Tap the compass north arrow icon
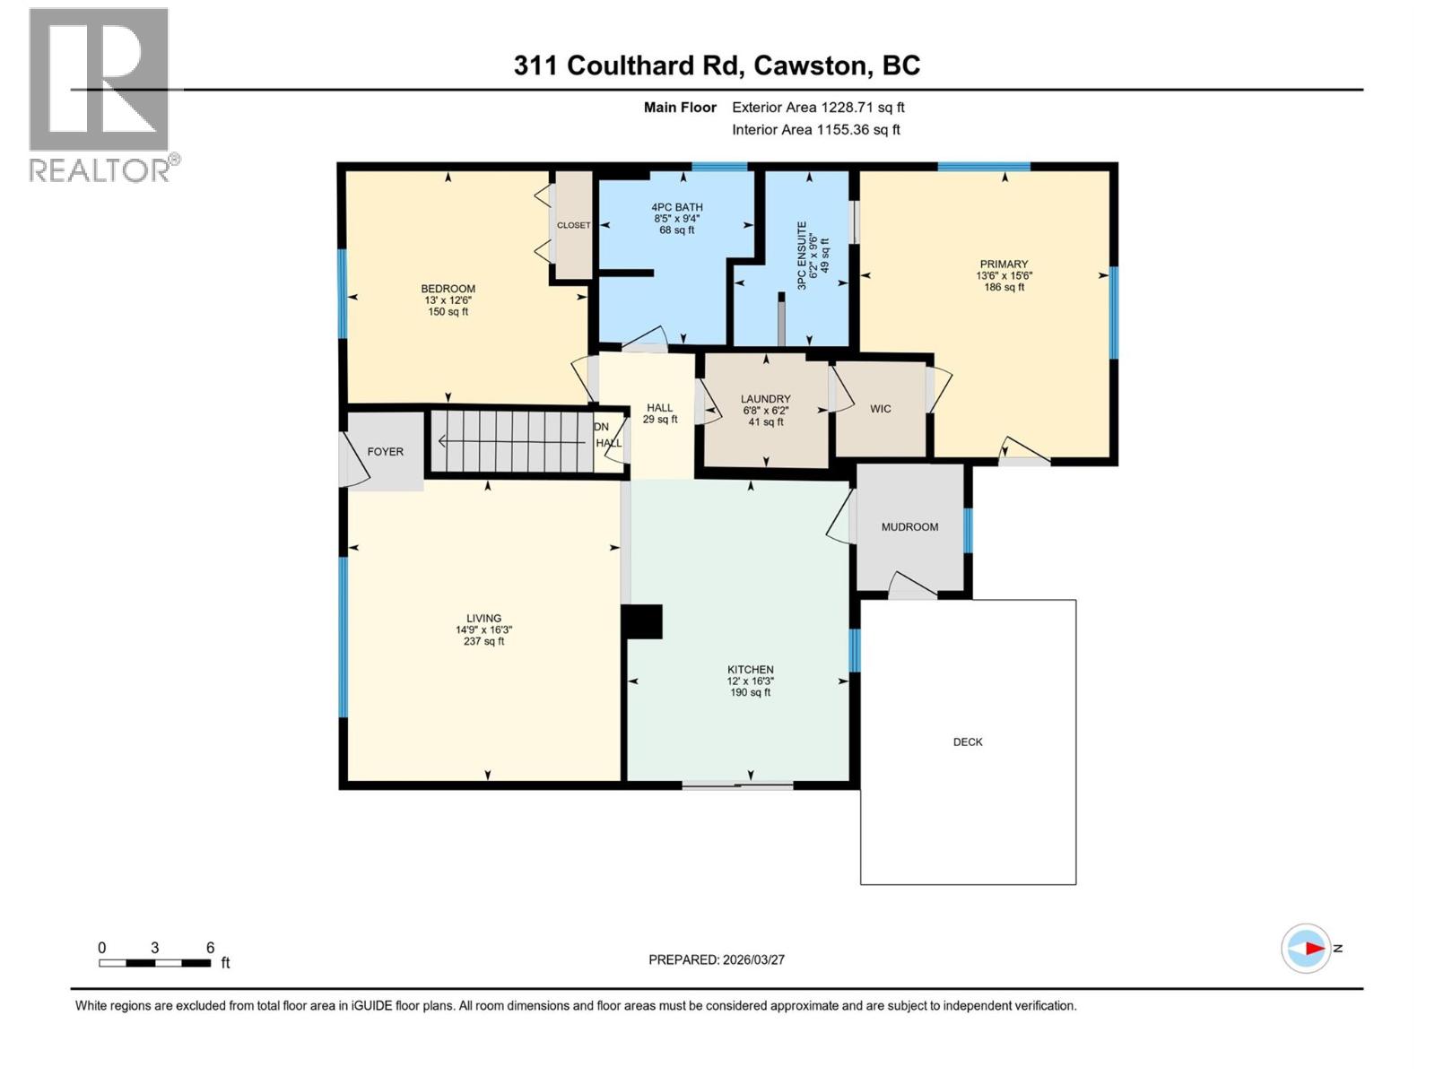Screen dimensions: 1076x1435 click(1306, 948)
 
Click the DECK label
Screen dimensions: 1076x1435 click(968, 742)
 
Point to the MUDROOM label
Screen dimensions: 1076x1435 click(909, 527)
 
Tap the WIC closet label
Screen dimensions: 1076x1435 click(881, 409)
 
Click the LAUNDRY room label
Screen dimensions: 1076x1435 click(765, 399)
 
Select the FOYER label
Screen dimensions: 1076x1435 click(385, 452)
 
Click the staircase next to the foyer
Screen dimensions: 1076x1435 click(511, 441)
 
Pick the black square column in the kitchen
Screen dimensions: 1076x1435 click(642, 621)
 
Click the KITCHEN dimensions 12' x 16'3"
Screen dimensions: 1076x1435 click(751, 681)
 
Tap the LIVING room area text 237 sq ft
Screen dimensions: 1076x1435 click(483, 642)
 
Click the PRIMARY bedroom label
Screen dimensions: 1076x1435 click(1004, 265)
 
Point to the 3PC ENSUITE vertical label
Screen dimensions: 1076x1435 click(802, 256)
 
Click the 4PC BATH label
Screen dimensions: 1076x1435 click(677, 207)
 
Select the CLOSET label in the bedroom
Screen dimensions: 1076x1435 click(573, 225)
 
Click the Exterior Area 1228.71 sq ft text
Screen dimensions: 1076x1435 click(818, 108)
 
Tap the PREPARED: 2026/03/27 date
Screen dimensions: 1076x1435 click(717, 959)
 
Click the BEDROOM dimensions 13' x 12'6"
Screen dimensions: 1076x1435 click(448, 300)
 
